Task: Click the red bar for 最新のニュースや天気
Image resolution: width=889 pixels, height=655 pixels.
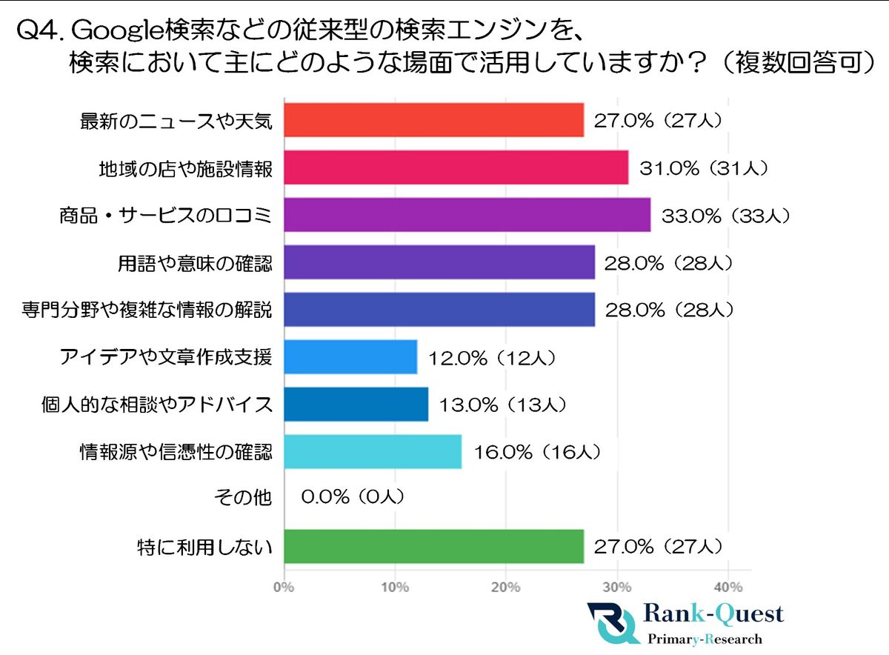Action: (433, 120)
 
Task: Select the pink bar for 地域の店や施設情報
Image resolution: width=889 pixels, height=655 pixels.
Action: (456, 167)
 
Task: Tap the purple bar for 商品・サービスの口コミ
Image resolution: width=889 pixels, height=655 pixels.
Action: (467, 215)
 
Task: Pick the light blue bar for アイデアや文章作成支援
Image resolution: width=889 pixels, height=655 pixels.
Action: (350, 357)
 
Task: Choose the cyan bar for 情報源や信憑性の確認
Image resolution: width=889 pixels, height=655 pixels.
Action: (373, 452)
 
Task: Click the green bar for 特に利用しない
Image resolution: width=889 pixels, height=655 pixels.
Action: (433, 547)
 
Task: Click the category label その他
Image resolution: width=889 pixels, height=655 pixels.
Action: (252, 499)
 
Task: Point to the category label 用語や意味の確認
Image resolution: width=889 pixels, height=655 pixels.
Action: (195, 262)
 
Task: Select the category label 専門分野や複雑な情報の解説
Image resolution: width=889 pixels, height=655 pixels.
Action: (147, 310)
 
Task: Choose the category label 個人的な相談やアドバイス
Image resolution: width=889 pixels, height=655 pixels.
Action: (156, 405)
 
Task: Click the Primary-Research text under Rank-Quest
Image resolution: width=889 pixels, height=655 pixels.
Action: (705, 639)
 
